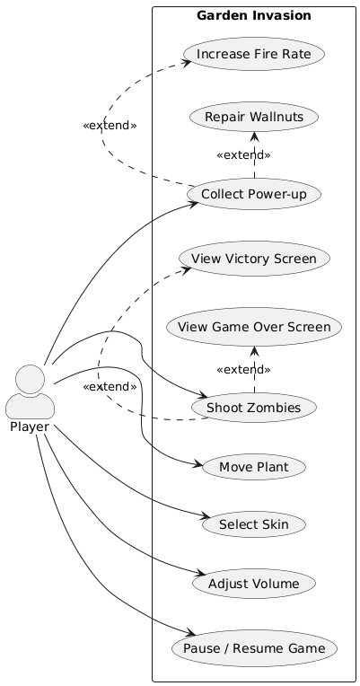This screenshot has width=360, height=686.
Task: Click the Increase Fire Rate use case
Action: pos(253,55)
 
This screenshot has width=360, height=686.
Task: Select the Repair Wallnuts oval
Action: pos(253,117)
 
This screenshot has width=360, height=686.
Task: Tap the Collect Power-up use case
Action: pos(253,193)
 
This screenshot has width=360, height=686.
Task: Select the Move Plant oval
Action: pos(255,467)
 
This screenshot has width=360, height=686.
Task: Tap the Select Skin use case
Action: pos(255,523)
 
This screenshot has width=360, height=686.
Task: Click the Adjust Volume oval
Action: pos(255,585)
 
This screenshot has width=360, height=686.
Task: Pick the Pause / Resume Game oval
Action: pos(255,646)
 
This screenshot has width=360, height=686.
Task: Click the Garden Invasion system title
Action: pos(254,15)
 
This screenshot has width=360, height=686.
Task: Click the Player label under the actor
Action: pos(30,427)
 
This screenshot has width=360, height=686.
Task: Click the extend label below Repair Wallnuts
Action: pos(243,155)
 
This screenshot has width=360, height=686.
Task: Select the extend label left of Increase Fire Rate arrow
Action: pos(110,126)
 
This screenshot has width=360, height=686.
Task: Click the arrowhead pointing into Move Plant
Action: pos(197,463)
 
